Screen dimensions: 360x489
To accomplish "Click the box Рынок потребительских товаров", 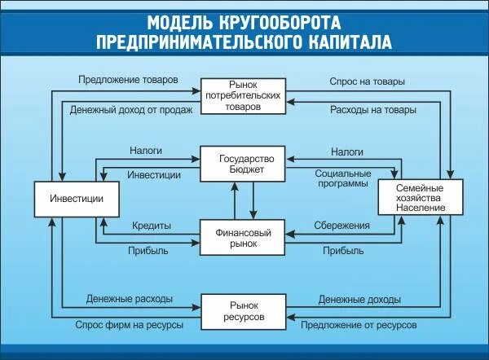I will click(244, 95).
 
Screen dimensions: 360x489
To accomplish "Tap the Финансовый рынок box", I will click(244, 237).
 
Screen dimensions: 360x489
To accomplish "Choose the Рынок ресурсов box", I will click(244, 310).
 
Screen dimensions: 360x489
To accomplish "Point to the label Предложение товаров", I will click(128, 81).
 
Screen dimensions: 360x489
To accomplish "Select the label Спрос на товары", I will click(367, 81).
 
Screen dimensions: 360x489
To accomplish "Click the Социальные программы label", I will click(342, 179).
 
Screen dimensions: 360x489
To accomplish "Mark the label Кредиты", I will click(151, 225).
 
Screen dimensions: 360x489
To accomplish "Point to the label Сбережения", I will click(342, 225).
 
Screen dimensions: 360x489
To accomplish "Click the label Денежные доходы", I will click(359, 299).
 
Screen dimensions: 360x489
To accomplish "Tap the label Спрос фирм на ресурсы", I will click(129, 324).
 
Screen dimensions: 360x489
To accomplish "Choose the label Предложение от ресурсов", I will click(359, 324).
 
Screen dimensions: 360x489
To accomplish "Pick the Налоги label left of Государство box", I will click(146, 151).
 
